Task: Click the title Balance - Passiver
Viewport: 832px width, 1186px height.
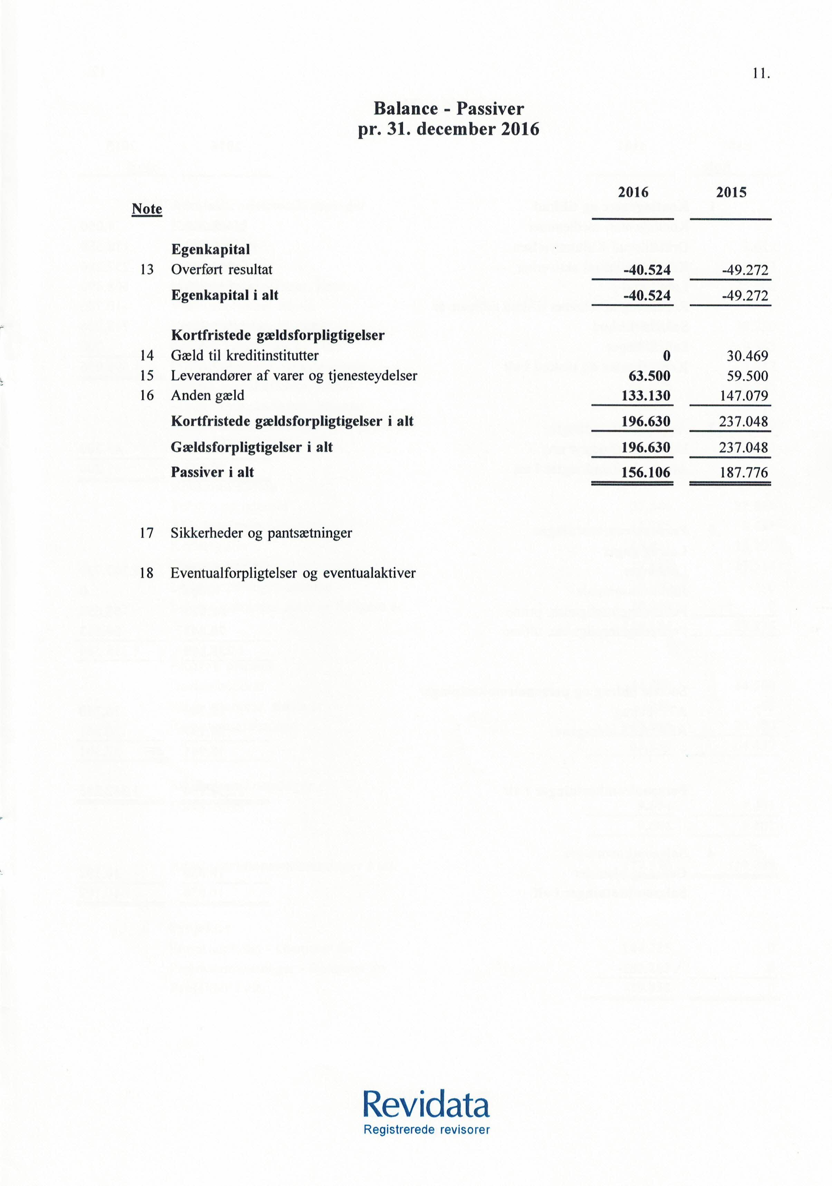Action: [x=449, y=108]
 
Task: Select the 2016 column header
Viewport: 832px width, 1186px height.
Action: [x=633, y=193]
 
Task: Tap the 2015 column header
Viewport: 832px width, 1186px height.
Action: [x=731, y=193]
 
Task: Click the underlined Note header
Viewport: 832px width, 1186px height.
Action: [x=147, y=209]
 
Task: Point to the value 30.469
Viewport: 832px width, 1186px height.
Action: [x=743, y=356]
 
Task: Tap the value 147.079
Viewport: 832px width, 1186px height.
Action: [x=743, y=396]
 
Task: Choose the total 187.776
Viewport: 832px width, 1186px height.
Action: [x=743, y=472]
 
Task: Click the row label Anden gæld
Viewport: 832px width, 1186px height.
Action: [x=207, y=396]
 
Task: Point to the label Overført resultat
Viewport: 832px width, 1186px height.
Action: [x=222, y=270]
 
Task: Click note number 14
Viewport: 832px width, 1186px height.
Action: [x=147, y=356]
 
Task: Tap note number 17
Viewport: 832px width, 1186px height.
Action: [x=147, y=533]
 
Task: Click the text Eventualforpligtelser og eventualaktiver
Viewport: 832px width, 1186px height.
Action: [x=293, y=573]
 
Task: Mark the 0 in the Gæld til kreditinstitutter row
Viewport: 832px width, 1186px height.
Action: [x=667, y=356]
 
